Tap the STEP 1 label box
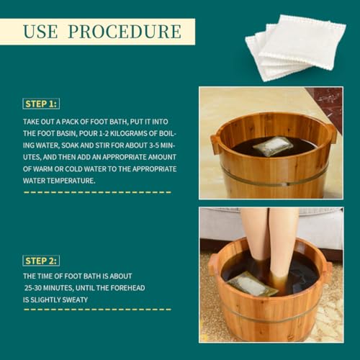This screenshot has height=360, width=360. pos(41,103)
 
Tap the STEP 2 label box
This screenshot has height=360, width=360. pos(41,260)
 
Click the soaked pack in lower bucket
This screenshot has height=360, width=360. pos(252,285)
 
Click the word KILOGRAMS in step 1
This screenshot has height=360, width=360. pos(126,134)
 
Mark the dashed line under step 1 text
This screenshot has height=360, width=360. pos(97,192)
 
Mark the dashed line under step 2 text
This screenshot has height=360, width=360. pos(97,310)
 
